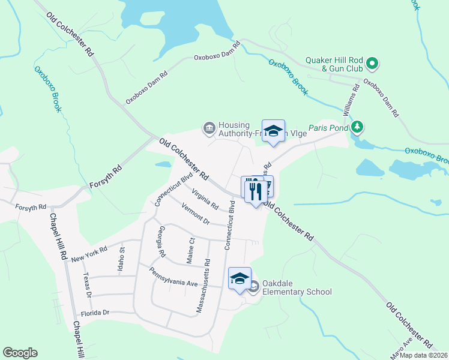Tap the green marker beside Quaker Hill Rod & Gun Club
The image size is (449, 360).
[x=372, y=62]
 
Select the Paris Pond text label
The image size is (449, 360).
[x=328, y=128]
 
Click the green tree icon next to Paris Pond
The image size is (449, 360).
[x=357, y=126]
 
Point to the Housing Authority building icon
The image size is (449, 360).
[x=209, y=127]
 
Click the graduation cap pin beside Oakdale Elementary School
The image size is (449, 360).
[x=240, y=278]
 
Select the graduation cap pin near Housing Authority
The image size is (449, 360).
[x=273, y=131]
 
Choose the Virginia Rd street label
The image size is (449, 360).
[x=205, y=199]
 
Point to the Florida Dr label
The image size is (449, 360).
[x=94, y=313]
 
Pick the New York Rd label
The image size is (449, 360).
[x=89, y=254]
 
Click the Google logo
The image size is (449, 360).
[x=20, y=353]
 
